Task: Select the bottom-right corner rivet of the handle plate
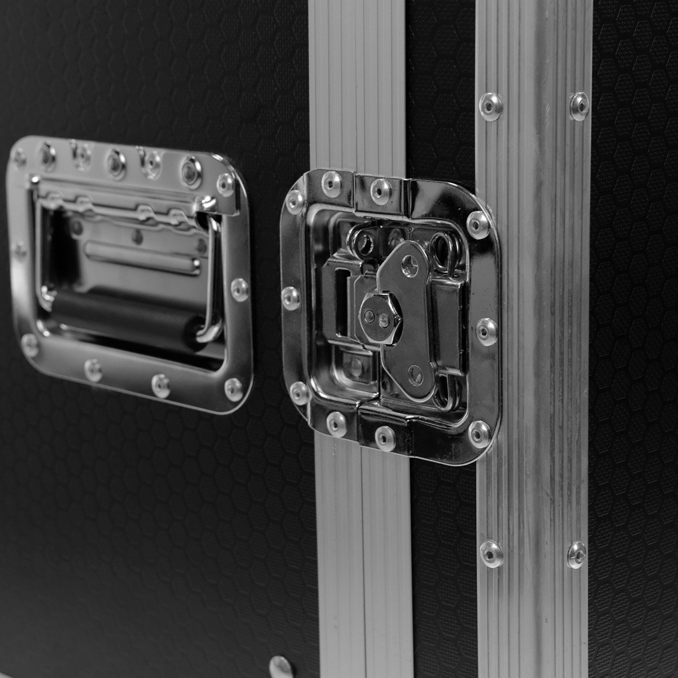[233, 389]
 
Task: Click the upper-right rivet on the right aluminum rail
[579, 106]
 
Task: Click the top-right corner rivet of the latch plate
[478, 224]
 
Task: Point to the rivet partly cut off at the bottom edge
[281, 670]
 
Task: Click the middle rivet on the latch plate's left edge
[291, 298]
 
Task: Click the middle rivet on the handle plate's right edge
[240, 289]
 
